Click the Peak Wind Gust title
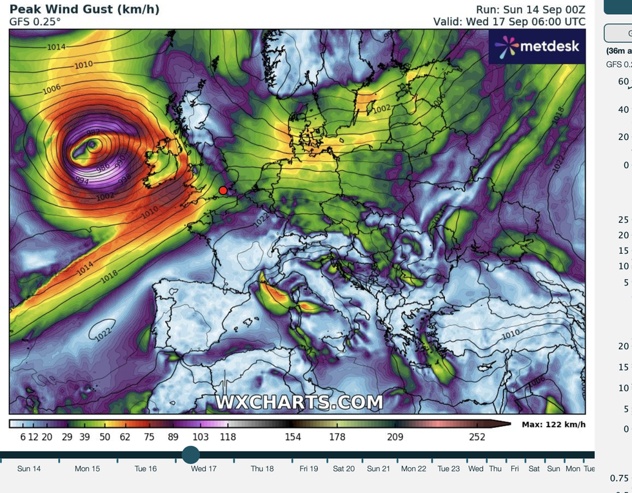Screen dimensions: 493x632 (84, 9)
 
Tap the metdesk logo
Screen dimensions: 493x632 (537, 46)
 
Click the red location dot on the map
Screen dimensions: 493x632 (222, 190)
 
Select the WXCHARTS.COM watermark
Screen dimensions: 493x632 (299, 402)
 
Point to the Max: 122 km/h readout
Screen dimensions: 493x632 (553, 424)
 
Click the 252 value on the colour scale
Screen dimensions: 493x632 (477, 437)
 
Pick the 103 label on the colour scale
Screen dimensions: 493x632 (201, 437)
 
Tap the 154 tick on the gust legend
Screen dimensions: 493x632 (293, 437)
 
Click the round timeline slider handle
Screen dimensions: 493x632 (191, 455)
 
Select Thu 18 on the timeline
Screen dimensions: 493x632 (262, 469)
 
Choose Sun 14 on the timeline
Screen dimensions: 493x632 (29, 469)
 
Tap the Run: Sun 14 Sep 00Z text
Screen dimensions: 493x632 (531, 9)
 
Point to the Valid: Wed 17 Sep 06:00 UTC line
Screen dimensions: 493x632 (509, 21)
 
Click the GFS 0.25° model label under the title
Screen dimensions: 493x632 (35, 21)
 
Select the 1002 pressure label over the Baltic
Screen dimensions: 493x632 (382, 109)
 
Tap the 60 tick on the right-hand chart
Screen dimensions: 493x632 (623, 82)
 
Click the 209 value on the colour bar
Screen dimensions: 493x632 (395, 437)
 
